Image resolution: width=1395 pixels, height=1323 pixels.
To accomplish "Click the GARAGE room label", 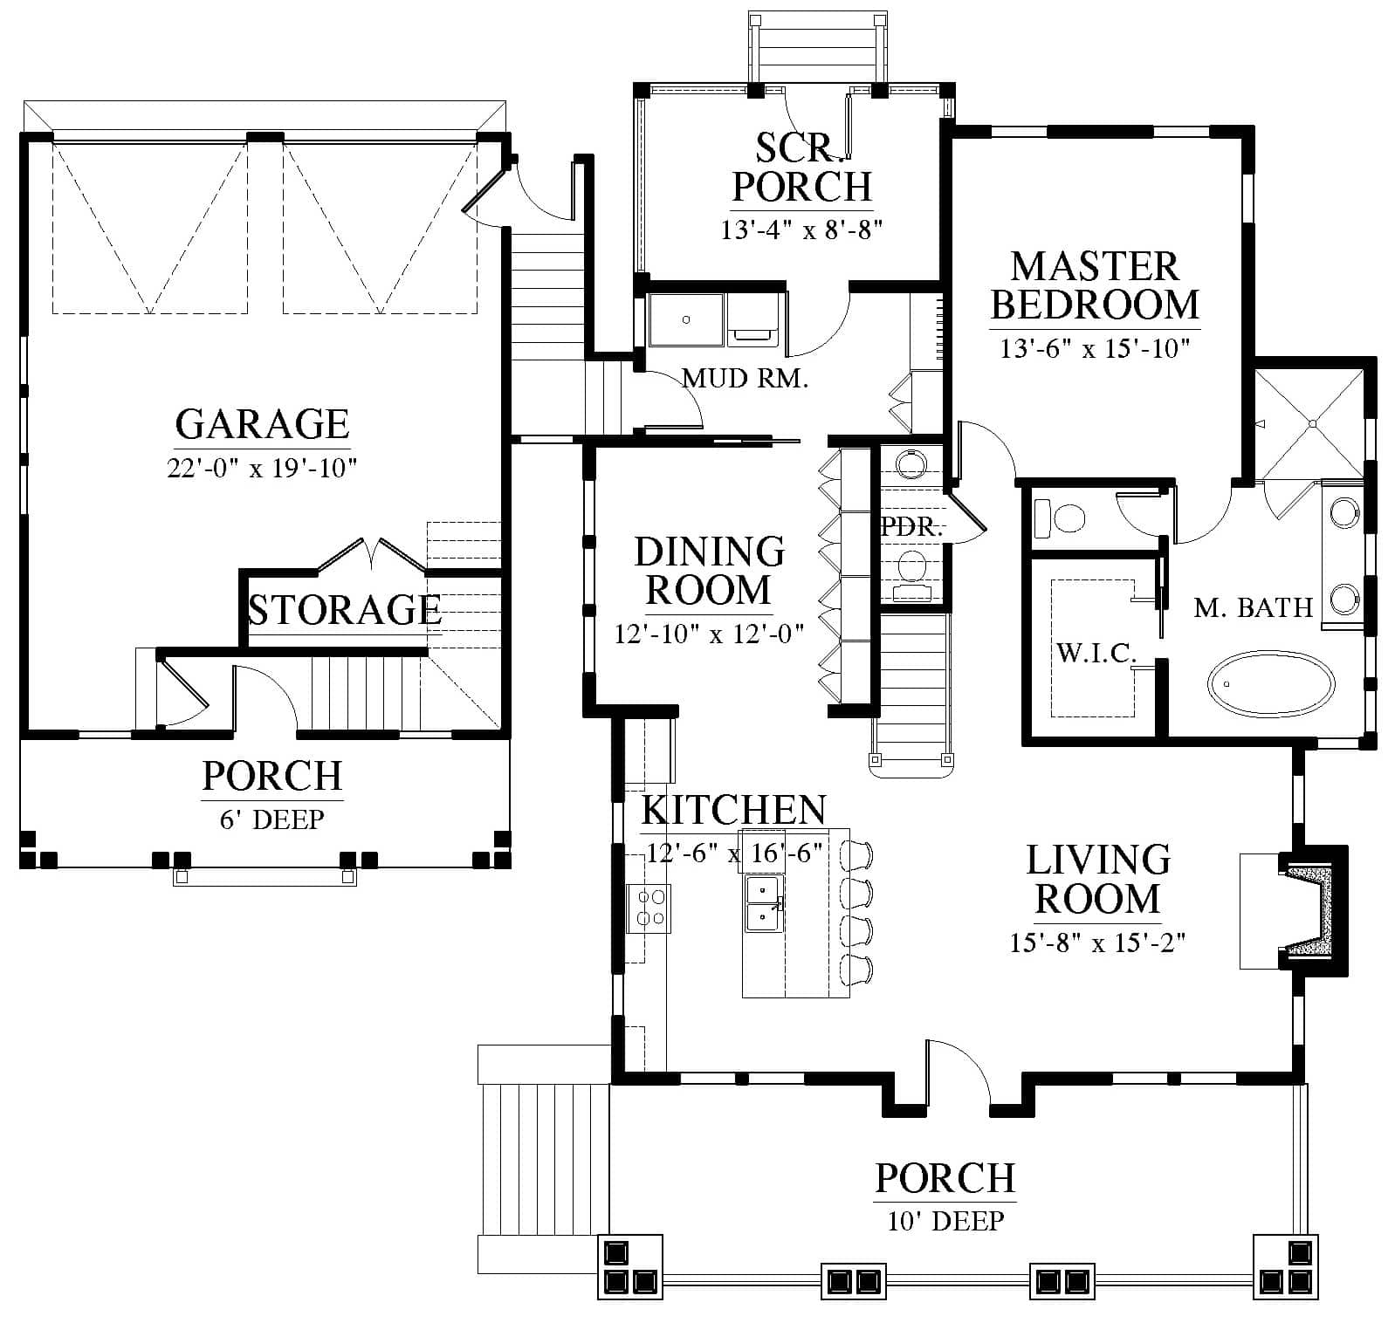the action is pyautogui.click(x=262, y=424).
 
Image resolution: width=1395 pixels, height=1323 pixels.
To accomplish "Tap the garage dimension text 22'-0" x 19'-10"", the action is pyautogui.click(x=263, y=469).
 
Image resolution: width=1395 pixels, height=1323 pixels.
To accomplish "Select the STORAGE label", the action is pyautogui.click(x=345, y=609).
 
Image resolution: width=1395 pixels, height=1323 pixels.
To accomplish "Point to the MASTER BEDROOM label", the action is pyautogui.click(x=1095, y=285).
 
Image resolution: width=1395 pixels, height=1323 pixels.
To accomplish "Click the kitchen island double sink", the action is pyautogui.click(x=764, y=904).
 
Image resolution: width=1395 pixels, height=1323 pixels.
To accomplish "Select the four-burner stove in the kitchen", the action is pyautogui.click(x=649, y=908).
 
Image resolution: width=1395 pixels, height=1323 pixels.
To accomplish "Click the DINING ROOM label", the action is pyautogui.click(x=709, y=571).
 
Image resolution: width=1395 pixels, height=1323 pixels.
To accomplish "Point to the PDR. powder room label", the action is pyautogui.click(x=912, y=527).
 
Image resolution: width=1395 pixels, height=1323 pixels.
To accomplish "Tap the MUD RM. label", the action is pyautogui.click(x=746, y=379).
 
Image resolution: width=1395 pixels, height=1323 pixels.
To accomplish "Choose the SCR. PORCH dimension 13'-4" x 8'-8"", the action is pyautogui.click(x=802, y=230).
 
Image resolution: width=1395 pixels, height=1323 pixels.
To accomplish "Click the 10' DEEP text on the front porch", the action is pyautogui.click(x=945, y=1220).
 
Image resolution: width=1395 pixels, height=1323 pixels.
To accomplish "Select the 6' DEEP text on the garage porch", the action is pyautogui.click(x=272, y=819).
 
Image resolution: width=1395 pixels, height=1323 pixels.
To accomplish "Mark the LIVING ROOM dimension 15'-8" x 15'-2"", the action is pyautogui.click(x=1097, y=943).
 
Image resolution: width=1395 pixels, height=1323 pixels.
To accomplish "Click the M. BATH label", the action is pyautogui.click(x=1254, y=607).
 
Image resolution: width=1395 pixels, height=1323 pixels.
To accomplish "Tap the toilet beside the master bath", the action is pyautogui.click(x=1058, y=518).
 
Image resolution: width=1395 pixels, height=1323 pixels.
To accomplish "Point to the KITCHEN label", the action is pyautogui.click(x=734, y=811).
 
